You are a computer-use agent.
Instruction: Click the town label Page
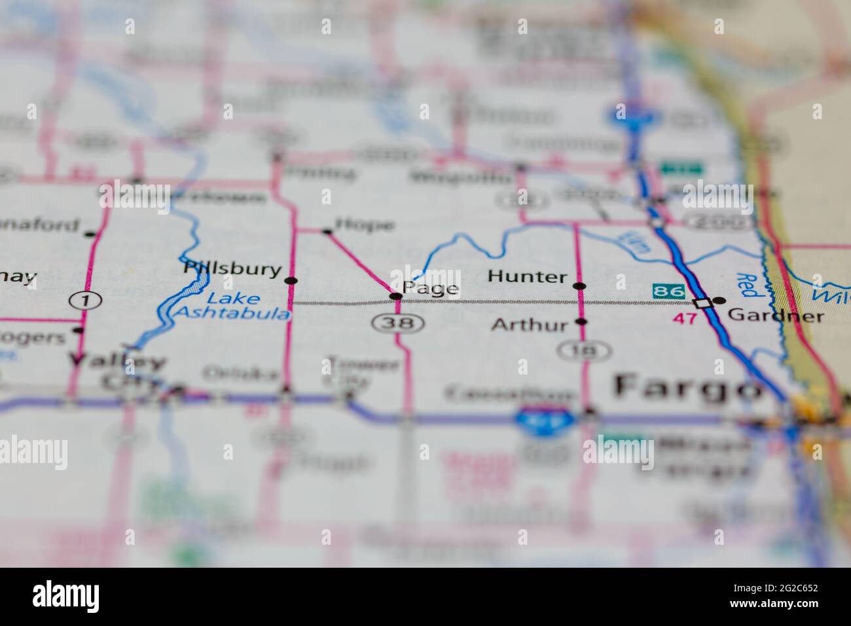click(x=430, y=289)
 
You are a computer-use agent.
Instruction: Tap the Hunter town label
click(x=527, y=277)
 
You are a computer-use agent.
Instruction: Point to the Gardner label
click(x=776, y=316)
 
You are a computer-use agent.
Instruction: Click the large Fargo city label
click(x=683, y=387)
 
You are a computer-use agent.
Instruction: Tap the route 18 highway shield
click(x=585, y=352)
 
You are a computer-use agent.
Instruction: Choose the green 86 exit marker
click(x=668, y=289)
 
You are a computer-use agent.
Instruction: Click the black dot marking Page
click(x=395, y=297)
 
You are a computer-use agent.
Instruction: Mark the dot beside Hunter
click(x=579, y=286)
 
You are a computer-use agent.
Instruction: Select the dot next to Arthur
click(x=580, y=322)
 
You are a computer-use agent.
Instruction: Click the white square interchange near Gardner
click(x=703, y=303)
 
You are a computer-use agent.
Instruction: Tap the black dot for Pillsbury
click(x=291, y=281)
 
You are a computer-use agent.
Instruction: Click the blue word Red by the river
click(x=747, y=285)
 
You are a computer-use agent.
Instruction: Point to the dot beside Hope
click(x=327, y=231)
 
